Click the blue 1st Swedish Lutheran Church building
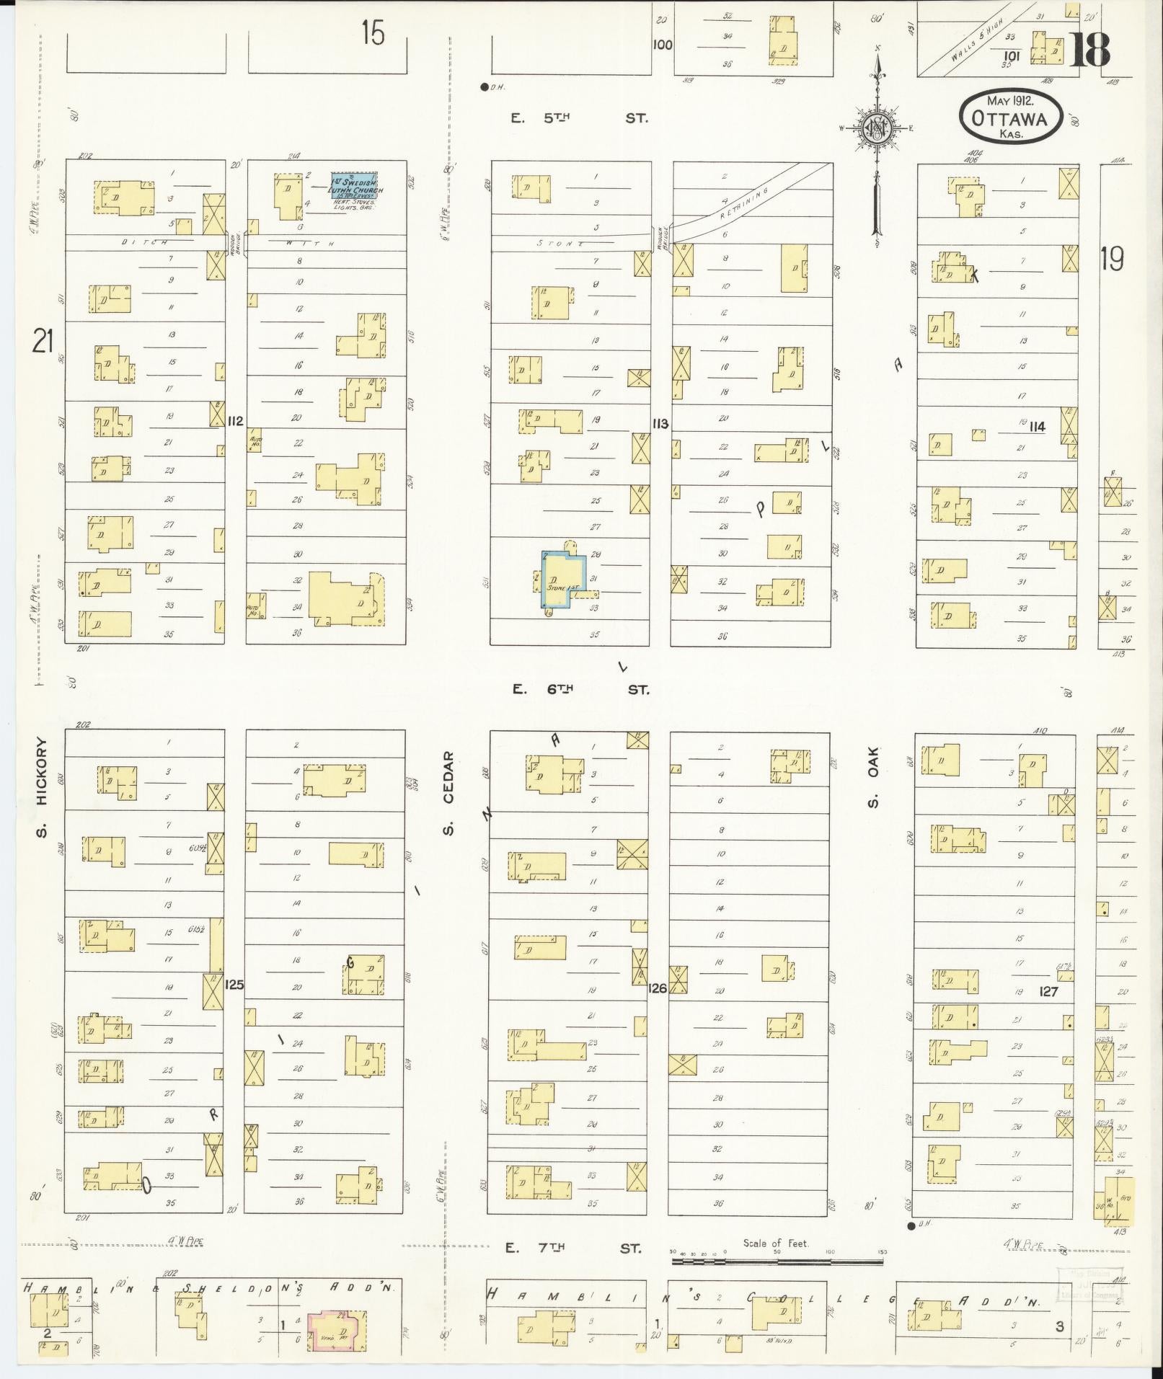(x=356, y=187)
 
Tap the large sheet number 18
(x=1089, y=49)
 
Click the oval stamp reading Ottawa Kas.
(x=1009, y=118)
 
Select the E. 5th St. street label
(x=579, y=118)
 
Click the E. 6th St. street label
(x=580, y=689)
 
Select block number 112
(x=235, y=422)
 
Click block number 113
(x=660, y=424)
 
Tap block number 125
(x=234, y=984)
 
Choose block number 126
(x=658, y=988)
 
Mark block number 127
(x=1048, y=992)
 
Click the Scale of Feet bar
(x=777, y=1262)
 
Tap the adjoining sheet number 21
(x=43, y=341)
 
